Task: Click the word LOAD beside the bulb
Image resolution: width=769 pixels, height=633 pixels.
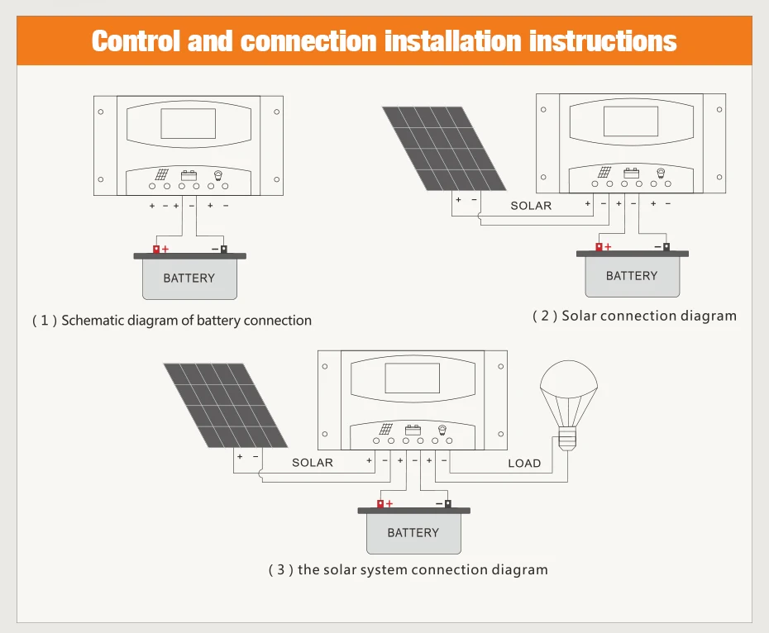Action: click(524, 464)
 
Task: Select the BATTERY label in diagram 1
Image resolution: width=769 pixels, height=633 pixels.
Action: click(189, 278)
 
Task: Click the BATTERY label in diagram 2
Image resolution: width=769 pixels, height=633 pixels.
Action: click(632, 275)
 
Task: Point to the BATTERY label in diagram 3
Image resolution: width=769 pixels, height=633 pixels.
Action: click(413, 532)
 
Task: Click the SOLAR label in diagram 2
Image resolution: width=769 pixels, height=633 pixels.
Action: click(531, 206)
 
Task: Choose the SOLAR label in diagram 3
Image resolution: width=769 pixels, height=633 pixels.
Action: click(313, 463)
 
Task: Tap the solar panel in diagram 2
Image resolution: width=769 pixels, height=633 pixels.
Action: click(444, 149)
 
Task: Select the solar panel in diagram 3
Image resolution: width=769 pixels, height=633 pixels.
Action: click(226, 406)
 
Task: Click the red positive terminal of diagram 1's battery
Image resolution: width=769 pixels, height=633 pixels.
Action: click(156, 249)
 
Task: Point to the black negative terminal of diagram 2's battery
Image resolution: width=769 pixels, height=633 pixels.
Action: click(666, 246)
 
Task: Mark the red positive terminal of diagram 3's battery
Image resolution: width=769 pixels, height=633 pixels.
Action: click(380, 503)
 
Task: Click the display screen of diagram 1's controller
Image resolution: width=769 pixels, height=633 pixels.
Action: click(189, 124)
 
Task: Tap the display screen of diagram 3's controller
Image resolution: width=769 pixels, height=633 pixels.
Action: click(413, 378)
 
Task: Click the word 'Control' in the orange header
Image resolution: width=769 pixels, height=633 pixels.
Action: click(136, 40)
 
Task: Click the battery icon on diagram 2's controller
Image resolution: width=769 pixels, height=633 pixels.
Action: click(631, 173)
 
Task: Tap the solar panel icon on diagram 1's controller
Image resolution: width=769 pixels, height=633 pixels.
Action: click(161, 174)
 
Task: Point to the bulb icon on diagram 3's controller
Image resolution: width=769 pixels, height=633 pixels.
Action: click(442, 430)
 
